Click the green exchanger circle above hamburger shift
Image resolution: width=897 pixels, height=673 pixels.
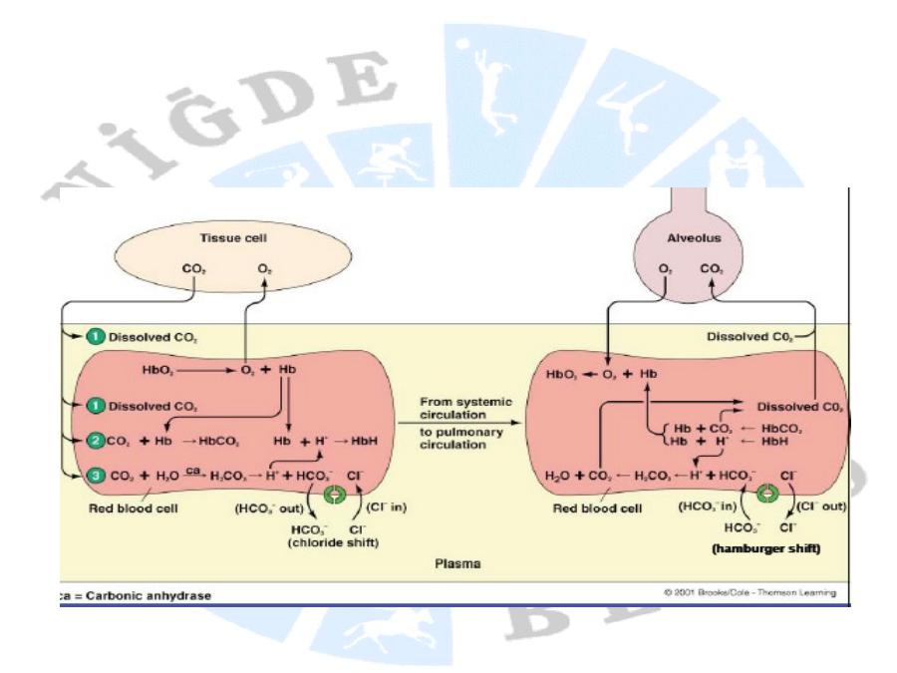click(x=767, y=493)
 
